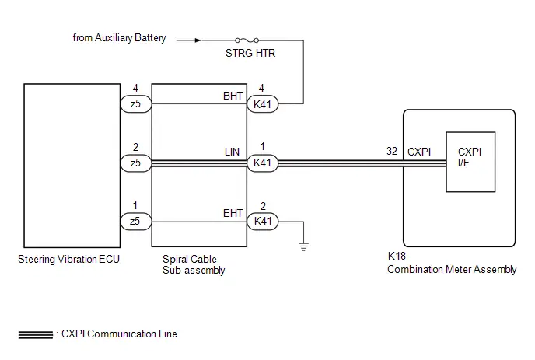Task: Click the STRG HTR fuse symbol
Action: point(247,40)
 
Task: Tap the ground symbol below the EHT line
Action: point(303,246)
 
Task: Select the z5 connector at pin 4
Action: point(136,103)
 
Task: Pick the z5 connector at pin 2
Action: point(136,163)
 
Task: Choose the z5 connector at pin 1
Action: point(136,221)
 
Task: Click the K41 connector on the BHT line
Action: point(262,104)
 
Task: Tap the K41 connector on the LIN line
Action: point(262,163)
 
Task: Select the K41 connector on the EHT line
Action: point(262,221)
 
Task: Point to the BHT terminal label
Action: point(233,96)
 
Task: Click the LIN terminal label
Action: point(232,152)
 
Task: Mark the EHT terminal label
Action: point(233,213)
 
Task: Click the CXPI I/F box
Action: point(470,162)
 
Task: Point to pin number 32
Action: point(392,151)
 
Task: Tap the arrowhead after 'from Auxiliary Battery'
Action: point(198,40)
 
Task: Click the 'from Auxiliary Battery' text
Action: point(120,38)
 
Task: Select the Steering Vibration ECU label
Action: point(68,260)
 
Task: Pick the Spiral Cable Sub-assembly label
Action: point(194,264)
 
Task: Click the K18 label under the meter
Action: point(397,256)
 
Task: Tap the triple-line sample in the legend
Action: point(36,335)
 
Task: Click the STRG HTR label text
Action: point(250,53)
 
